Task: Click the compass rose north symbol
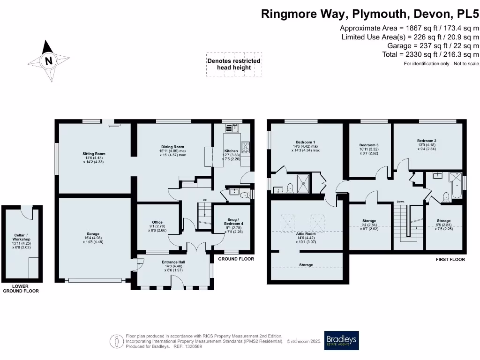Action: [x=48, y=60]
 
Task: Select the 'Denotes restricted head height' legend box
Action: [x=234, y=64]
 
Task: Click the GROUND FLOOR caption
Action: [x=236, y=259]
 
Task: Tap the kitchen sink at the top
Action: [x=232, y=127]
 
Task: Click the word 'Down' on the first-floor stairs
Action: [x=400, y=202]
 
